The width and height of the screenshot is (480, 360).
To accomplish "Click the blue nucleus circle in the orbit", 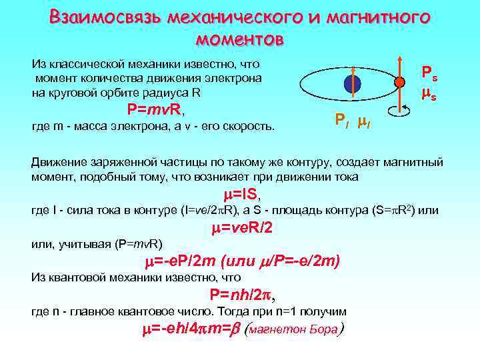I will [x=352, y=85].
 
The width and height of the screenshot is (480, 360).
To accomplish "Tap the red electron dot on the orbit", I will [x=399, y=83].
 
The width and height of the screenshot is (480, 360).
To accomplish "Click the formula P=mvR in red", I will [x=155, y=109].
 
